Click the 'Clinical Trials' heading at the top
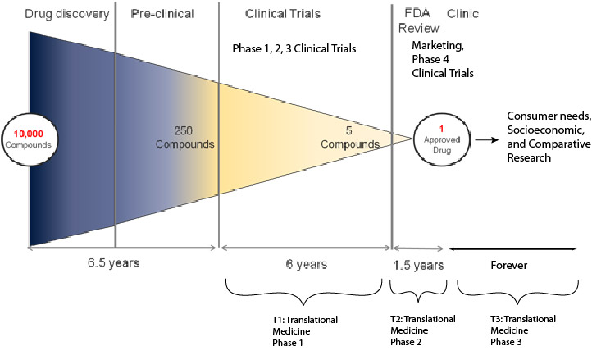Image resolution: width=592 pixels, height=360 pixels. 283,15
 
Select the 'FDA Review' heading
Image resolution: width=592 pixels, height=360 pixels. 419,21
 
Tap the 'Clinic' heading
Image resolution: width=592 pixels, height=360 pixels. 464,15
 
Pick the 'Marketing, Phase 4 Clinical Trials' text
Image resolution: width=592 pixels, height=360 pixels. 443,62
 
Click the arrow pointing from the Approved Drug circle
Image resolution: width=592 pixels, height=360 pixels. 489,140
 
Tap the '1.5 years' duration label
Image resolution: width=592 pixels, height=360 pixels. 418,266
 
